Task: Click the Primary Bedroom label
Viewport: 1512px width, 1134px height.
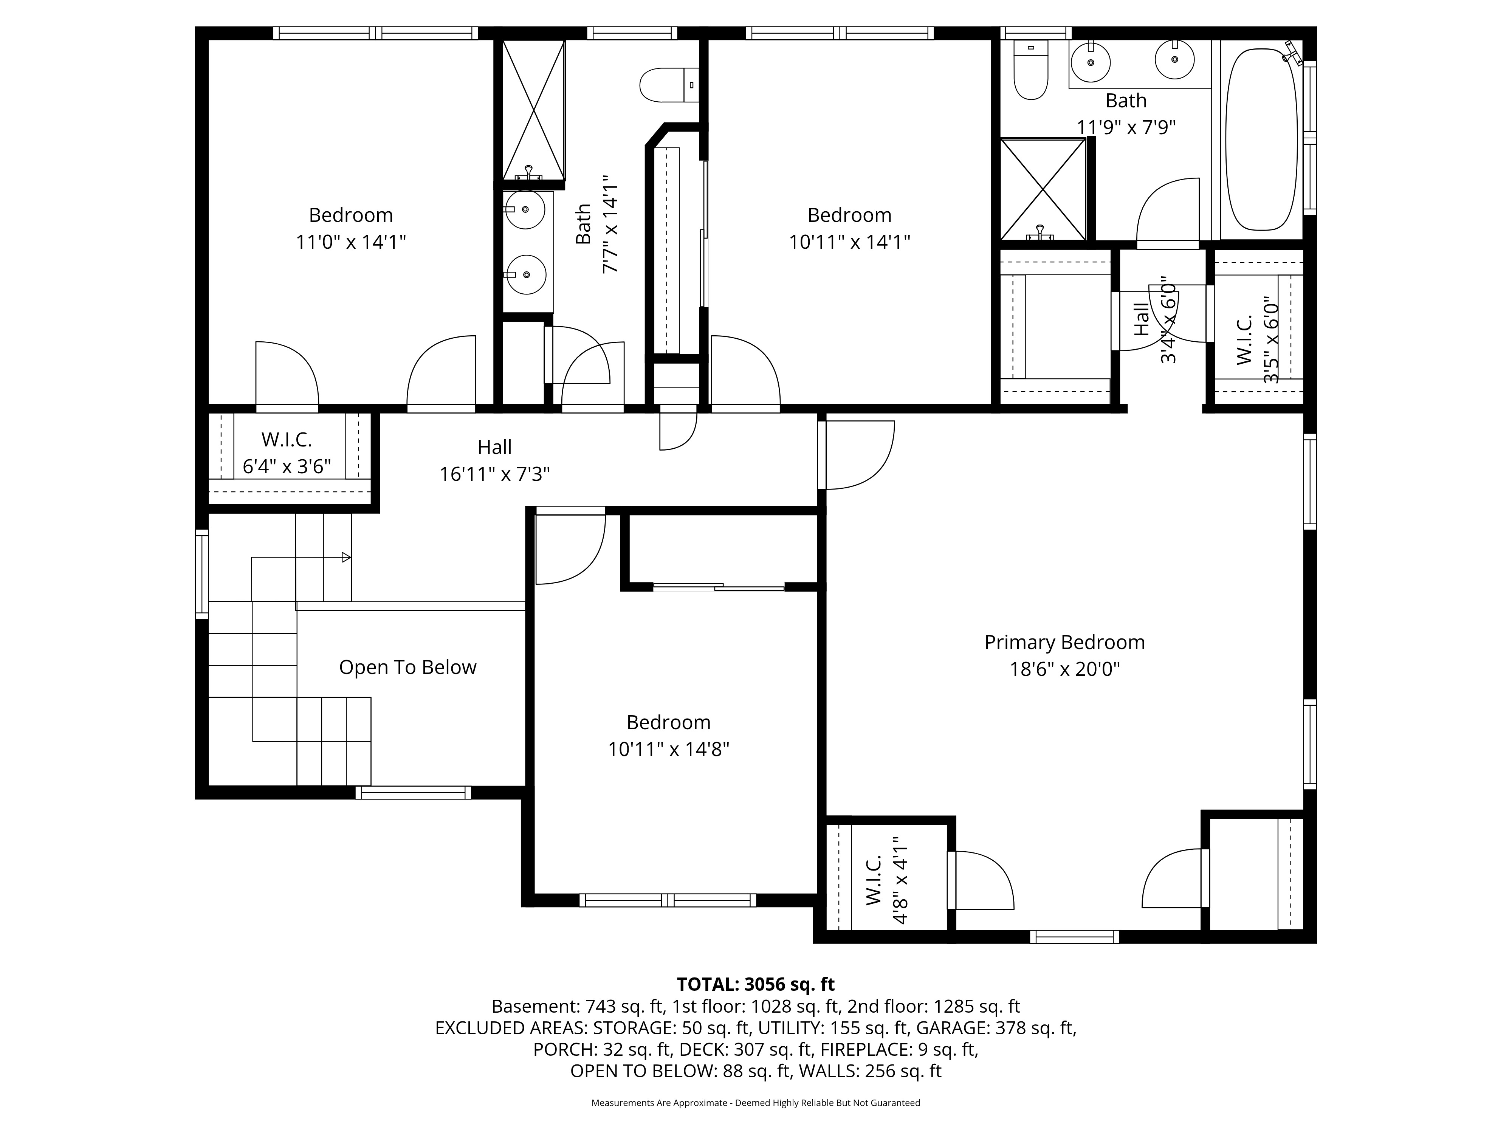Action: click(1064, 643)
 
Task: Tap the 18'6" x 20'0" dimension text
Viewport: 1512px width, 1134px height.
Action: click(1065, 669)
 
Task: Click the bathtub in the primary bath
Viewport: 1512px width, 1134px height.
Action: click(1261, 139)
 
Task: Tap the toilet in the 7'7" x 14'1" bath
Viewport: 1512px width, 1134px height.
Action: click(669, 85)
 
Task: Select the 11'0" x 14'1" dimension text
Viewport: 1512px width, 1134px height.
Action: click(351, 242)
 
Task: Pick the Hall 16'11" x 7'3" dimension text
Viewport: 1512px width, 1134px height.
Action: click(494, 474)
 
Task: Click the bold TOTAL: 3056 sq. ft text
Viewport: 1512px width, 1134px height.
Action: click(755, 984)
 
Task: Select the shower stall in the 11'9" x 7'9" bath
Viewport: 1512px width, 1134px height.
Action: click(1043, 189)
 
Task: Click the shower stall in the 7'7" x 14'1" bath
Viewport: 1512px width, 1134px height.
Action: click(534, 109)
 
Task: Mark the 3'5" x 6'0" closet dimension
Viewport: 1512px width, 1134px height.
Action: click(1271, 340)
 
